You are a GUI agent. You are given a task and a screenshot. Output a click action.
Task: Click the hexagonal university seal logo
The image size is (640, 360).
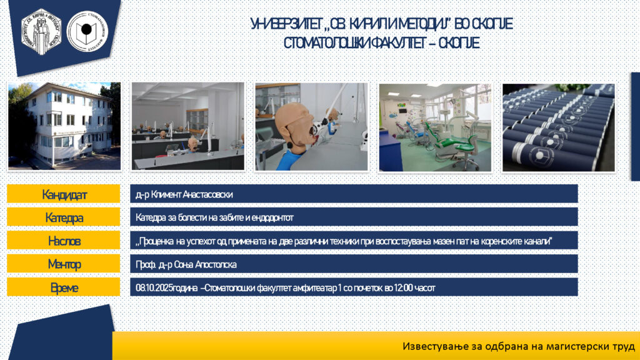[41, 32]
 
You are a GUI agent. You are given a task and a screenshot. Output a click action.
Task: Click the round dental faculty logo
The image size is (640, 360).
[87, 31]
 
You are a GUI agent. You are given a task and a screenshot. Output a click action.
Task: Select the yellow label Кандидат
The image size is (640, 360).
[64, 194]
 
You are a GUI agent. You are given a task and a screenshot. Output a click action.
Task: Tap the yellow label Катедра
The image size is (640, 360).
[64, 217]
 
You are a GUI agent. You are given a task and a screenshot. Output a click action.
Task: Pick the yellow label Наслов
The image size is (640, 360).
[64, 241]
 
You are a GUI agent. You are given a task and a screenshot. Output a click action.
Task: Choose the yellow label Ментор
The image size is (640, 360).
[64, 264]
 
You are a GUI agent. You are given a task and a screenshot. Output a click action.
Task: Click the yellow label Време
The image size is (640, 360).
[64, 287]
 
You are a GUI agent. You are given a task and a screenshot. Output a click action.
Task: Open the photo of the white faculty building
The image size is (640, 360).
[64, 126]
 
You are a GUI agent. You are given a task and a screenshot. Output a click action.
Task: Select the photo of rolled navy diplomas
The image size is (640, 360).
[558, 127]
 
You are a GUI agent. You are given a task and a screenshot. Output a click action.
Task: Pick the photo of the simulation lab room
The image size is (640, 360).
[187, 126]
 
